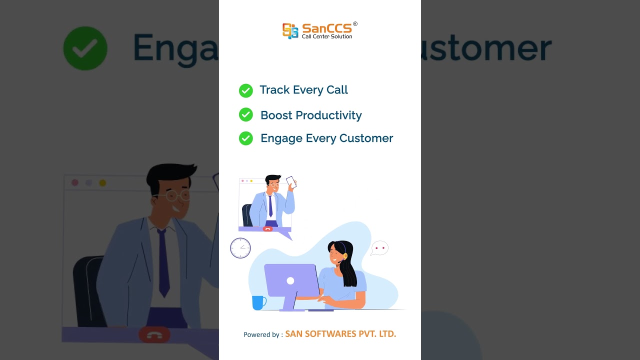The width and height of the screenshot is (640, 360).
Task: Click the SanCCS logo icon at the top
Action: [290, 30]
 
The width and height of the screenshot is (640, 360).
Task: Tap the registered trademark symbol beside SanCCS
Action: [355, 23]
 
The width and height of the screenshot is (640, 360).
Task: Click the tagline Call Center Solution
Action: [327, 36]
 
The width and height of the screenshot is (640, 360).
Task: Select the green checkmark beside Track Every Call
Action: [245, 90]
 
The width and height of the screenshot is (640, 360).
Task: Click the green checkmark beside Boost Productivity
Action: [245, 115]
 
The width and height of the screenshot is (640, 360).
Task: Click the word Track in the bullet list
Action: [274, 90]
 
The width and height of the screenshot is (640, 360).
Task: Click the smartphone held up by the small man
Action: [291, 182]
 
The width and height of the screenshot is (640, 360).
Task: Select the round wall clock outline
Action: [240, 248]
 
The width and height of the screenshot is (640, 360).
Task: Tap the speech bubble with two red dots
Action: [379, 248]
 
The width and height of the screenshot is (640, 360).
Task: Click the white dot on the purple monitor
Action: [290, 281]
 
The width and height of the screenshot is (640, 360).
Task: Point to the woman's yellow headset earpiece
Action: [345, 256]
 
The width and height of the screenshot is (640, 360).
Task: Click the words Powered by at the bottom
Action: [263, 334]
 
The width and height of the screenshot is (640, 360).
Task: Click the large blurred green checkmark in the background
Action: [85, 48]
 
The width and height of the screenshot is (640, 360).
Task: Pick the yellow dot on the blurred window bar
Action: [102, 183]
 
